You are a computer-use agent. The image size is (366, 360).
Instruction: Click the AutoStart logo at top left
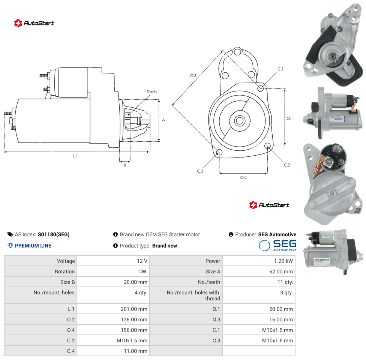[x=34, y=23]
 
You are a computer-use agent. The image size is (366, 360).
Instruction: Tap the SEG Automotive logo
[x=278, y=245]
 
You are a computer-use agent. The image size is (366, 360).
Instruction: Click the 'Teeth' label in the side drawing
[x=152, y=92]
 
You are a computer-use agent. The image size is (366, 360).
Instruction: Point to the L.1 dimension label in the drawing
[x=75, y=156]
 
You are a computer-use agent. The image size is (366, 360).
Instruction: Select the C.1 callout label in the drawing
[x=280, y=69]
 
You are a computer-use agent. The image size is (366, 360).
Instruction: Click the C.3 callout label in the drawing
[x=200, y=171]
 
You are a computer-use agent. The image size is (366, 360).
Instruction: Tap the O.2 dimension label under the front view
[x=243, y=177]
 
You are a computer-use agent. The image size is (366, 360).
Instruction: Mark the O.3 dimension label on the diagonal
[x=193, y=76]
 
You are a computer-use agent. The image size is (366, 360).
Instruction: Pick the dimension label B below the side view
[x=124, y=165]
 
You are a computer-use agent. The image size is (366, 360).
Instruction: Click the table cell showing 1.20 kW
[x=259, y=261]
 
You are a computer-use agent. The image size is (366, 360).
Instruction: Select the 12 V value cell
[x=114, y=261]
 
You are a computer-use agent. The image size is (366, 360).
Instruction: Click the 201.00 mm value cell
[x=114, y=309]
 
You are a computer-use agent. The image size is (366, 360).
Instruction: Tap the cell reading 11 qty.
[x=259, y=282]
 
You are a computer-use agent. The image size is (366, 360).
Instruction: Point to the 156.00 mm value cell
[x=114, y=330]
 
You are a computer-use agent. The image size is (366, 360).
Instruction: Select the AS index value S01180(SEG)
[x=54, y=234]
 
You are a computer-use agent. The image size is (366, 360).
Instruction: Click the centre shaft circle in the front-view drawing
[x=240, y=121]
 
